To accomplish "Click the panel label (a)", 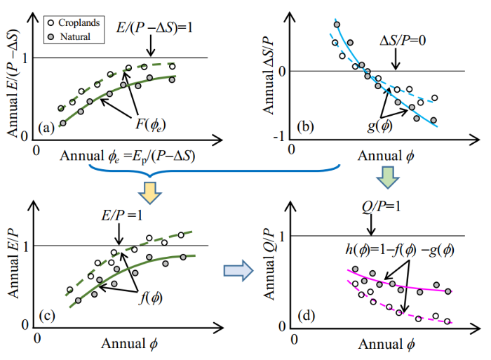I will (50, 127).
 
